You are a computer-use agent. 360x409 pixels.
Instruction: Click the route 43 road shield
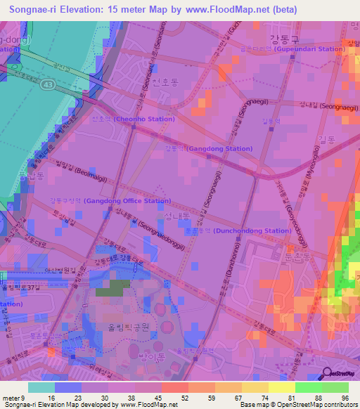(x=49, y=84)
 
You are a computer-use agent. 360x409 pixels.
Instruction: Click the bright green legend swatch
(x=308, y=387)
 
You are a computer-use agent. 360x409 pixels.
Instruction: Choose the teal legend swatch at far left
(x=41, y=387)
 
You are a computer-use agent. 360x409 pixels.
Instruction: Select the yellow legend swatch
(x=281, y=387)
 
